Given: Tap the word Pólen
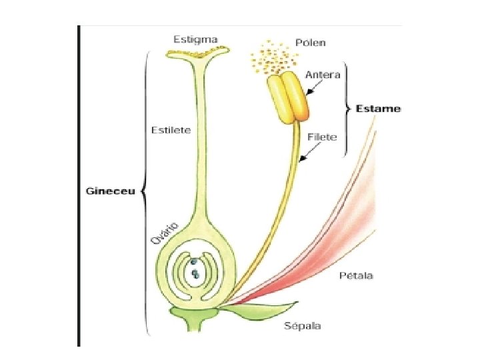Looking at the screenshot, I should [311, 43].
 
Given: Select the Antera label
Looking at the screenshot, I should [323, 75].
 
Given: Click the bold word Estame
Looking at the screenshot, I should [378, 109].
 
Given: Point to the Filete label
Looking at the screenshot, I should [323, 137].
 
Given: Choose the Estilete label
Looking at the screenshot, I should [171, 130].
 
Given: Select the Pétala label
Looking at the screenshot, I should [356, 275].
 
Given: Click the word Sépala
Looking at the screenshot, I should [303, 325].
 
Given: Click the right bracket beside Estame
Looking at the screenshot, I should [347, 109].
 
